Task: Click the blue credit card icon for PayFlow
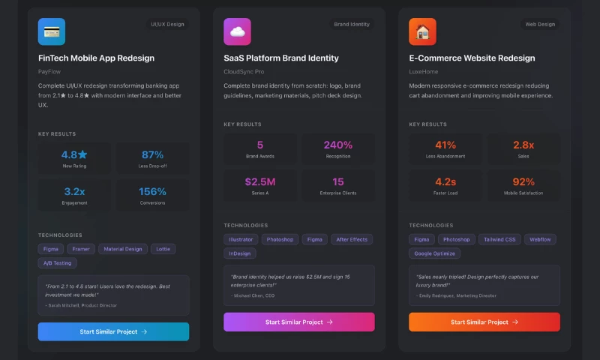[x=52, y=31]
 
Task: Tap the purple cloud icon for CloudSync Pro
[x=237, y=31]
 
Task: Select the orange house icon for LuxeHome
[x=422, y=31]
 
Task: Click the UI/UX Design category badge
[x=167, y=24]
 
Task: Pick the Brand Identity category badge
[x=352, y=24]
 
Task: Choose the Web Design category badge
[x=540, y=24]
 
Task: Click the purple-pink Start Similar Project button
[x=298, y=322]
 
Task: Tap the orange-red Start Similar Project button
[x=484, y=322]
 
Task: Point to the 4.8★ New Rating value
[x=74, y=154]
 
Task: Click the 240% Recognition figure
[x=338, y=145]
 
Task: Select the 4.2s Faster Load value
[x=445, y=181]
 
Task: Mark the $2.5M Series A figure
[x=260, y=181]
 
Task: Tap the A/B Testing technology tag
[x=57, y=263]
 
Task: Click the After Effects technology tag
[x=352, y=239]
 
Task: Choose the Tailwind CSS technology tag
[x=499, y=239]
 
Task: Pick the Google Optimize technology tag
[x=435, y=253]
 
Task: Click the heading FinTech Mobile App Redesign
[x=96, y=58]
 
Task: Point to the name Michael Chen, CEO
[x=253, y=296]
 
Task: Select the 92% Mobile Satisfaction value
[x=523, y=181]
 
